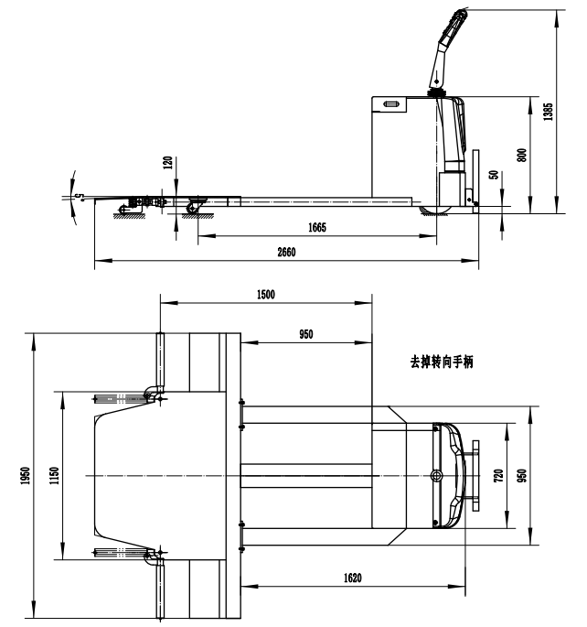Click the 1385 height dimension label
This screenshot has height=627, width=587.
point(549,112)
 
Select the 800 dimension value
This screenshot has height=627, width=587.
point(521,156)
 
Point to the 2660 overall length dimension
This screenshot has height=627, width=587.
point(286,252)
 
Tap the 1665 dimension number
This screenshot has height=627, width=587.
point(317,227)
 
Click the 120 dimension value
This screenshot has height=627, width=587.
point(168,163)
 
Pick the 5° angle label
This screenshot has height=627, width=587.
point(80,197)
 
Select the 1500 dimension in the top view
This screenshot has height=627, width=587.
point(265,295)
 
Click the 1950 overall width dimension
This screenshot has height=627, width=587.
point(26,475)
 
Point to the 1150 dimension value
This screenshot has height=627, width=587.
point(54,475)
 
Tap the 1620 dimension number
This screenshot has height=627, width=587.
point(353,578)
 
